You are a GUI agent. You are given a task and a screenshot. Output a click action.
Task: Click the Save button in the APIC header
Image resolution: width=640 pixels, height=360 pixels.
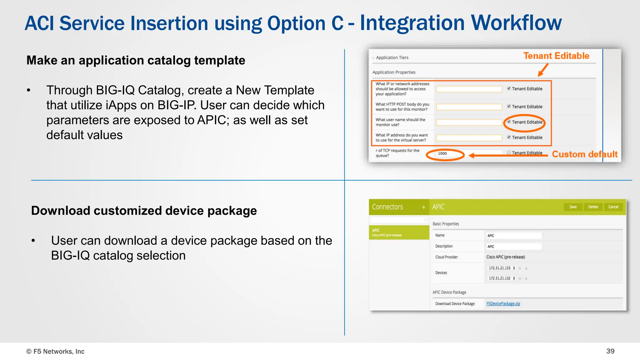point(573,207)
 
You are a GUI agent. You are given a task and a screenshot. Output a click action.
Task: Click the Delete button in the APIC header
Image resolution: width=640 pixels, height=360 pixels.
point(593,207)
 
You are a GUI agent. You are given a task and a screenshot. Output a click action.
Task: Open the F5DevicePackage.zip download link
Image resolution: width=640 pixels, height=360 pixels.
point(503,303)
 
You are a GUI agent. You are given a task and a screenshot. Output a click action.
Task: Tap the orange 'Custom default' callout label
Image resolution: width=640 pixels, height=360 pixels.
point(584,154)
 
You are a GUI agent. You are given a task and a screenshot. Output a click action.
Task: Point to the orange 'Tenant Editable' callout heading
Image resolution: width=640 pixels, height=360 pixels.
point(556,56)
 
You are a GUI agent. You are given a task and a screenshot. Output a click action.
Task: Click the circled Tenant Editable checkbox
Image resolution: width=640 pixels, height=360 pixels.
point(509,122)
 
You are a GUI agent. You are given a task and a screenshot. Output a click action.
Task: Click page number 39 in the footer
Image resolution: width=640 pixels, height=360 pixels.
point(610,351)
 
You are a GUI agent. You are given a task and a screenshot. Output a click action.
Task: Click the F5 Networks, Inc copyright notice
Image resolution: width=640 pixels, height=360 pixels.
point(55,351)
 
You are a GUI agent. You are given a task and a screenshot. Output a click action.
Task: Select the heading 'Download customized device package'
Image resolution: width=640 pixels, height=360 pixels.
point(144,211)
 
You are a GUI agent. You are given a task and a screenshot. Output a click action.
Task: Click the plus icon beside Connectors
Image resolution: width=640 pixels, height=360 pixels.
point(423,207)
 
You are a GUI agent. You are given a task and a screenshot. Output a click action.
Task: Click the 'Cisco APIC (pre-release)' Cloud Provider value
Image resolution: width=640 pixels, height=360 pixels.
point(505,257)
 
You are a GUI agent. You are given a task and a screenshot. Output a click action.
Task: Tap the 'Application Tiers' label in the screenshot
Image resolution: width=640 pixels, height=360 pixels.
point(392,57)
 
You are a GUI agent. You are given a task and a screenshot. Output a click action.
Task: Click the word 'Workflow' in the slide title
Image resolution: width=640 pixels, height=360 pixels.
point(516,23)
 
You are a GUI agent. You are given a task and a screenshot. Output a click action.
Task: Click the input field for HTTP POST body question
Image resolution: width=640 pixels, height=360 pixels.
point(469,107)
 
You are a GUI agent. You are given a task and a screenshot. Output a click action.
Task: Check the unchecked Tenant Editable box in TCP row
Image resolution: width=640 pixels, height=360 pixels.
point(509,152)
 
